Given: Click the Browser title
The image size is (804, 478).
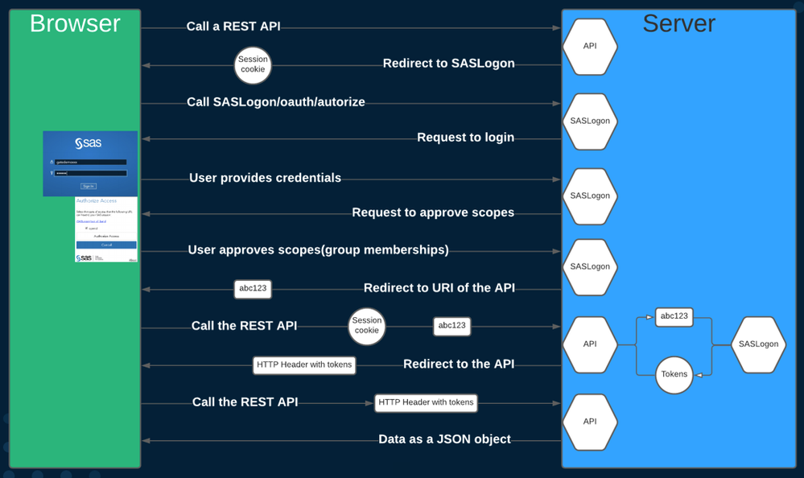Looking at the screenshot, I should point(75,23).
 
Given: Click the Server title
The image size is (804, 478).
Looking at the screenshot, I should point(678,23).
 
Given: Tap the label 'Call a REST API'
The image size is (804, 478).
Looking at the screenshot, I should point(233,27).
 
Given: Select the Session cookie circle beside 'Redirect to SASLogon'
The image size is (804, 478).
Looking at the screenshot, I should point(253,65).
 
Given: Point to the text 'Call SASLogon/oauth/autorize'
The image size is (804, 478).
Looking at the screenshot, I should point(276,102).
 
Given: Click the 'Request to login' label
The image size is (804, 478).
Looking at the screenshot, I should point(465,138).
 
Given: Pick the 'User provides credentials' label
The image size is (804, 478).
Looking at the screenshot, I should point(265,178).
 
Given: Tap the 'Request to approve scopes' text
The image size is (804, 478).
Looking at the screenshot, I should point(433,213).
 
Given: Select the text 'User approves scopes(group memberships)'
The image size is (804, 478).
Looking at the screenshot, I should point(318,250).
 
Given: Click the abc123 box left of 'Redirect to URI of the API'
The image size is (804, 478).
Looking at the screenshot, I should point(253,288).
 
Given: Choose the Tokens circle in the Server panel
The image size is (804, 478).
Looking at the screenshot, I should point(674,374).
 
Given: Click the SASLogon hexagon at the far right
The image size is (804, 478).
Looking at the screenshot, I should point(758,344).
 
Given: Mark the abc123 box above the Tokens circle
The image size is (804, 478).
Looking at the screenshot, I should point(674,316).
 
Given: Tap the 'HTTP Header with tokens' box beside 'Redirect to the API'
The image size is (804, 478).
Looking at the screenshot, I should point(304,365).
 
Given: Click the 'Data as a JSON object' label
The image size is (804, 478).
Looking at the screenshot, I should point(444,439).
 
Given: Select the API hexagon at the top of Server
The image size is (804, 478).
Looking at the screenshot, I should point(590,47).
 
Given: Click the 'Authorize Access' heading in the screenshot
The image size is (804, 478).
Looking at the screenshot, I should point(97,200).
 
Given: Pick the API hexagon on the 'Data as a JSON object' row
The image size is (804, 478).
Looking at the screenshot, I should point(590,422).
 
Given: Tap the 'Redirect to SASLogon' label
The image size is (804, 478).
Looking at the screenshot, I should point(448,64).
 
